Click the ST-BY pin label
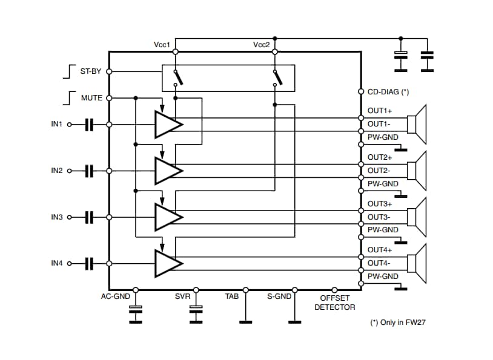(x=90, y=71)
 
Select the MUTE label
(x=91, y=97)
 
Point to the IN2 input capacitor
(x=90, y=171)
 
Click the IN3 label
(x=57, y=217)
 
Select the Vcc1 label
(x=162, y=45)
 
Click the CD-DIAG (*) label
(x=388, y=92)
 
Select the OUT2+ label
(x=380, y=157)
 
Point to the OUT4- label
(x=379, y=263)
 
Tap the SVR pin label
(x=183, y=296)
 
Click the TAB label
(x=231, y=296)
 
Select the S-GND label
(x=279, y=296)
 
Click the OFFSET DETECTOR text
(x=334, y=303)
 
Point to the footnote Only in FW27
(x=398, y=322)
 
